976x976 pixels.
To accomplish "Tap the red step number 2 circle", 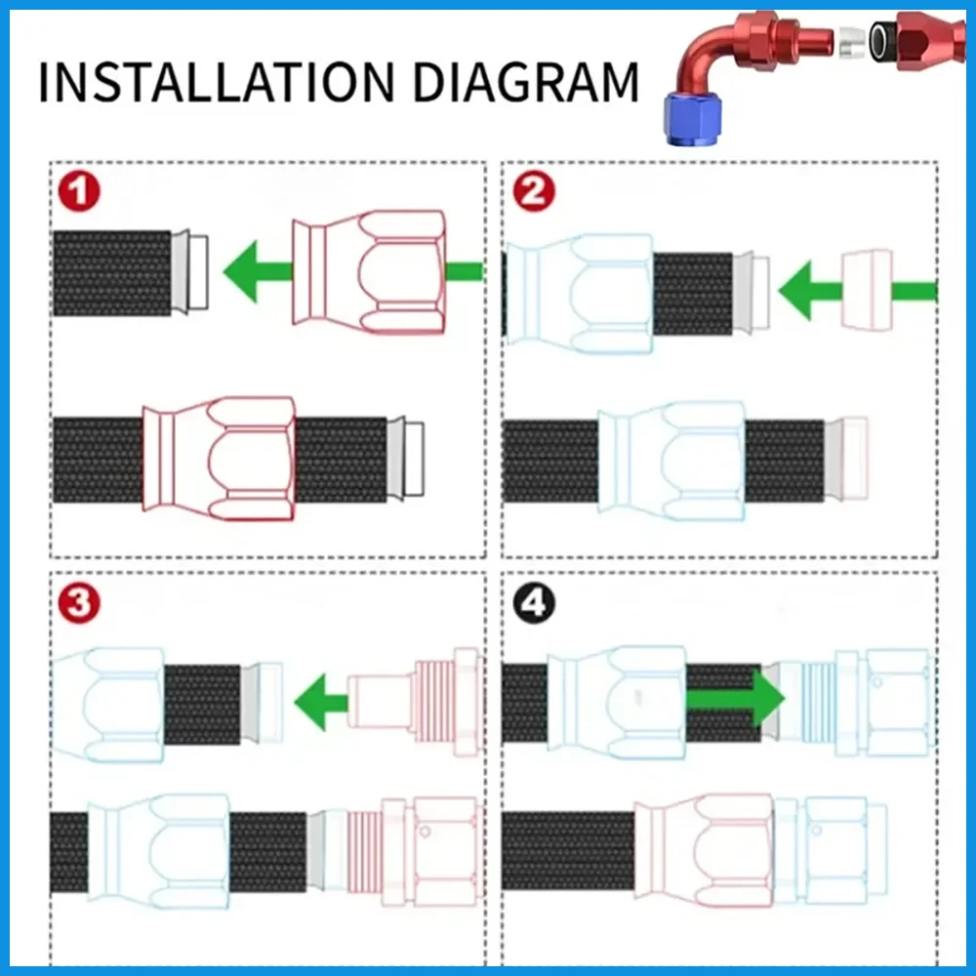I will (532, 191).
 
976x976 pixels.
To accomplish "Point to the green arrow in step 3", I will (322, 700).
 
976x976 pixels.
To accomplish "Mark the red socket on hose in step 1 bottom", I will (219, 459).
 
